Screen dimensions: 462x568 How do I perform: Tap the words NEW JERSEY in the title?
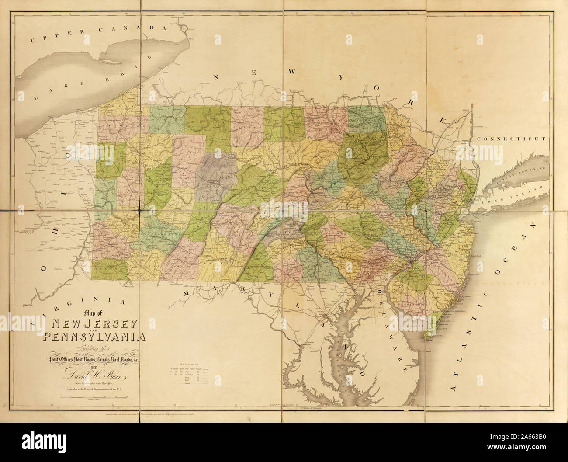(x=95, y=324)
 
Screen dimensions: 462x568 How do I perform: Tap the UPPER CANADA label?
(x=99, y=35)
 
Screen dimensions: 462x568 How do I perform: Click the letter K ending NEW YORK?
(x=443, y=119)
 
